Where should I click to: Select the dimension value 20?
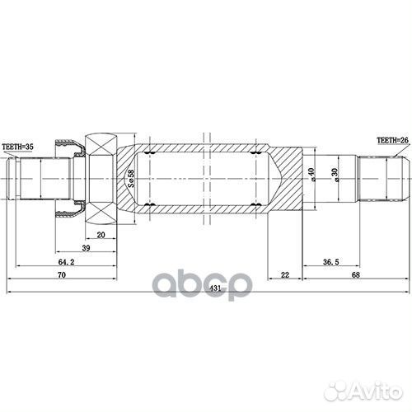tap(100, 234)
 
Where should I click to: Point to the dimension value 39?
tap(86, 248)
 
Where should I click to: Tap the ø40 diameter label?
tap(311, 177)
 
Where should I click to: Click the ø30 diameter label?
tap(334, 177)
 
